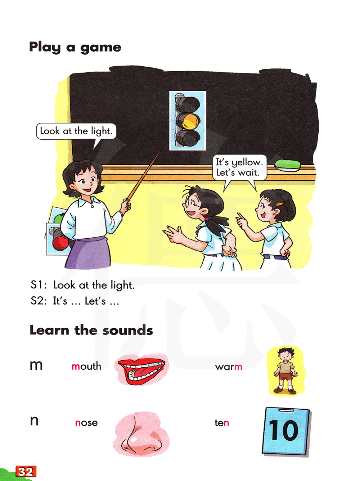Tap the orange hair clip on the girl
click(x=279, y=204)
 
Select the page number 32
click(x=26, y=471)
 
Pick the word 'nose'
click(x=86, y=423)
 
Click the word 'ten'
click(x=222, y=423)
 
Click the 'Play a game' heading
click(x=75, y=47)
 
